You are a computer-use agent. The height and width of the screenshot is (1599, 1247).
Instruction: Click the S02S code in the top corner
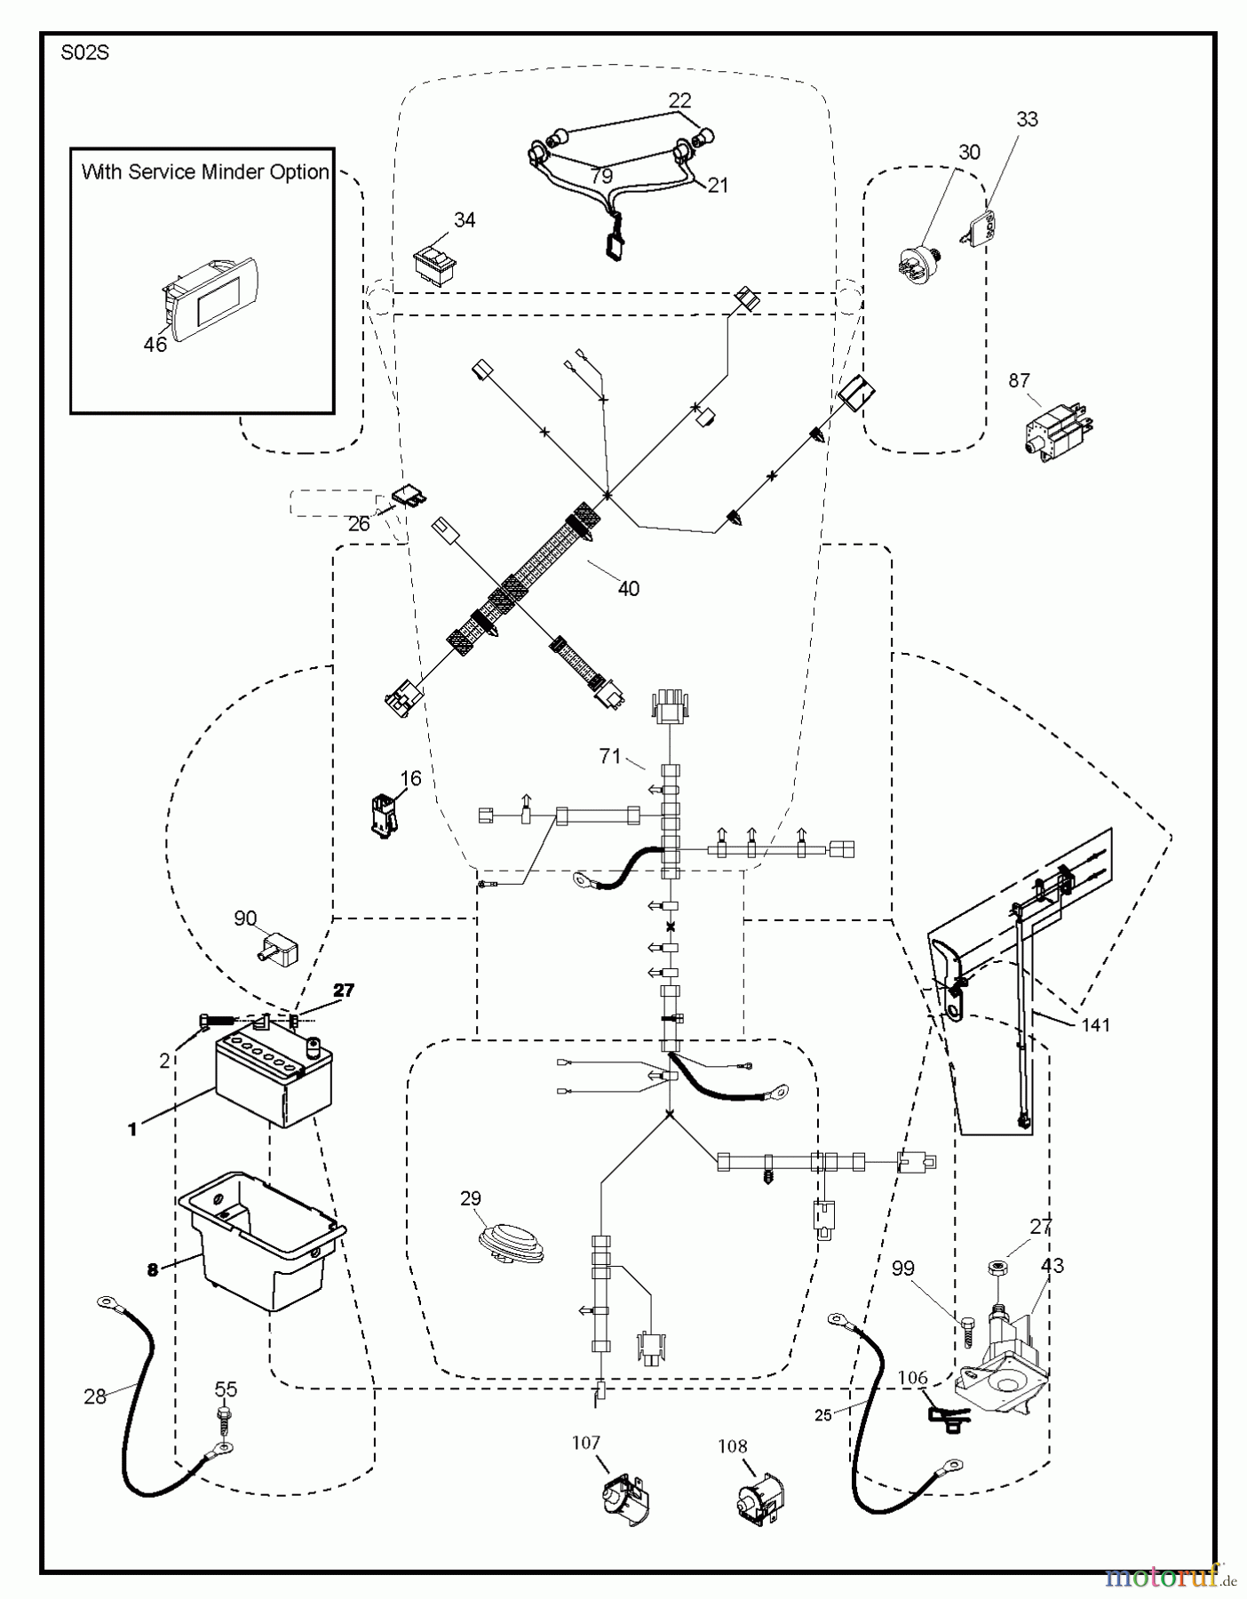pos(84,53)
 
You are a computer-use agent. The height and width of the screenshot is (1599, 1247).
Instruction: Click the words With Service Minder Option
pos(205,172)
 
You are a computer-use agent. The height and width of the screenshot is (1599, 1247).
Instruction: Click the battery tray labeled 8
pos(260,1237)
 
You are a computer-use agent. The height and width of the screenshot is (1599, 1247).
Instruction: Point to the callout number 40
pos(628,588)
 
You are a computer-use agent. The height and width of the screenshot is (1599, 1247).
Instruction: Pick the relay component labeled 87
pos(1059,430)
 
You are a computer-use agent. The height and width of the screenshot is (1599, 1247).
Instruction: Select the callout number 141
pos(1095,1025)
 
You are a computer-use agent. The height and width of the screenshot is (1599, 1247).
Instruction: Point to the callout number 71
pos(609,756)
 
